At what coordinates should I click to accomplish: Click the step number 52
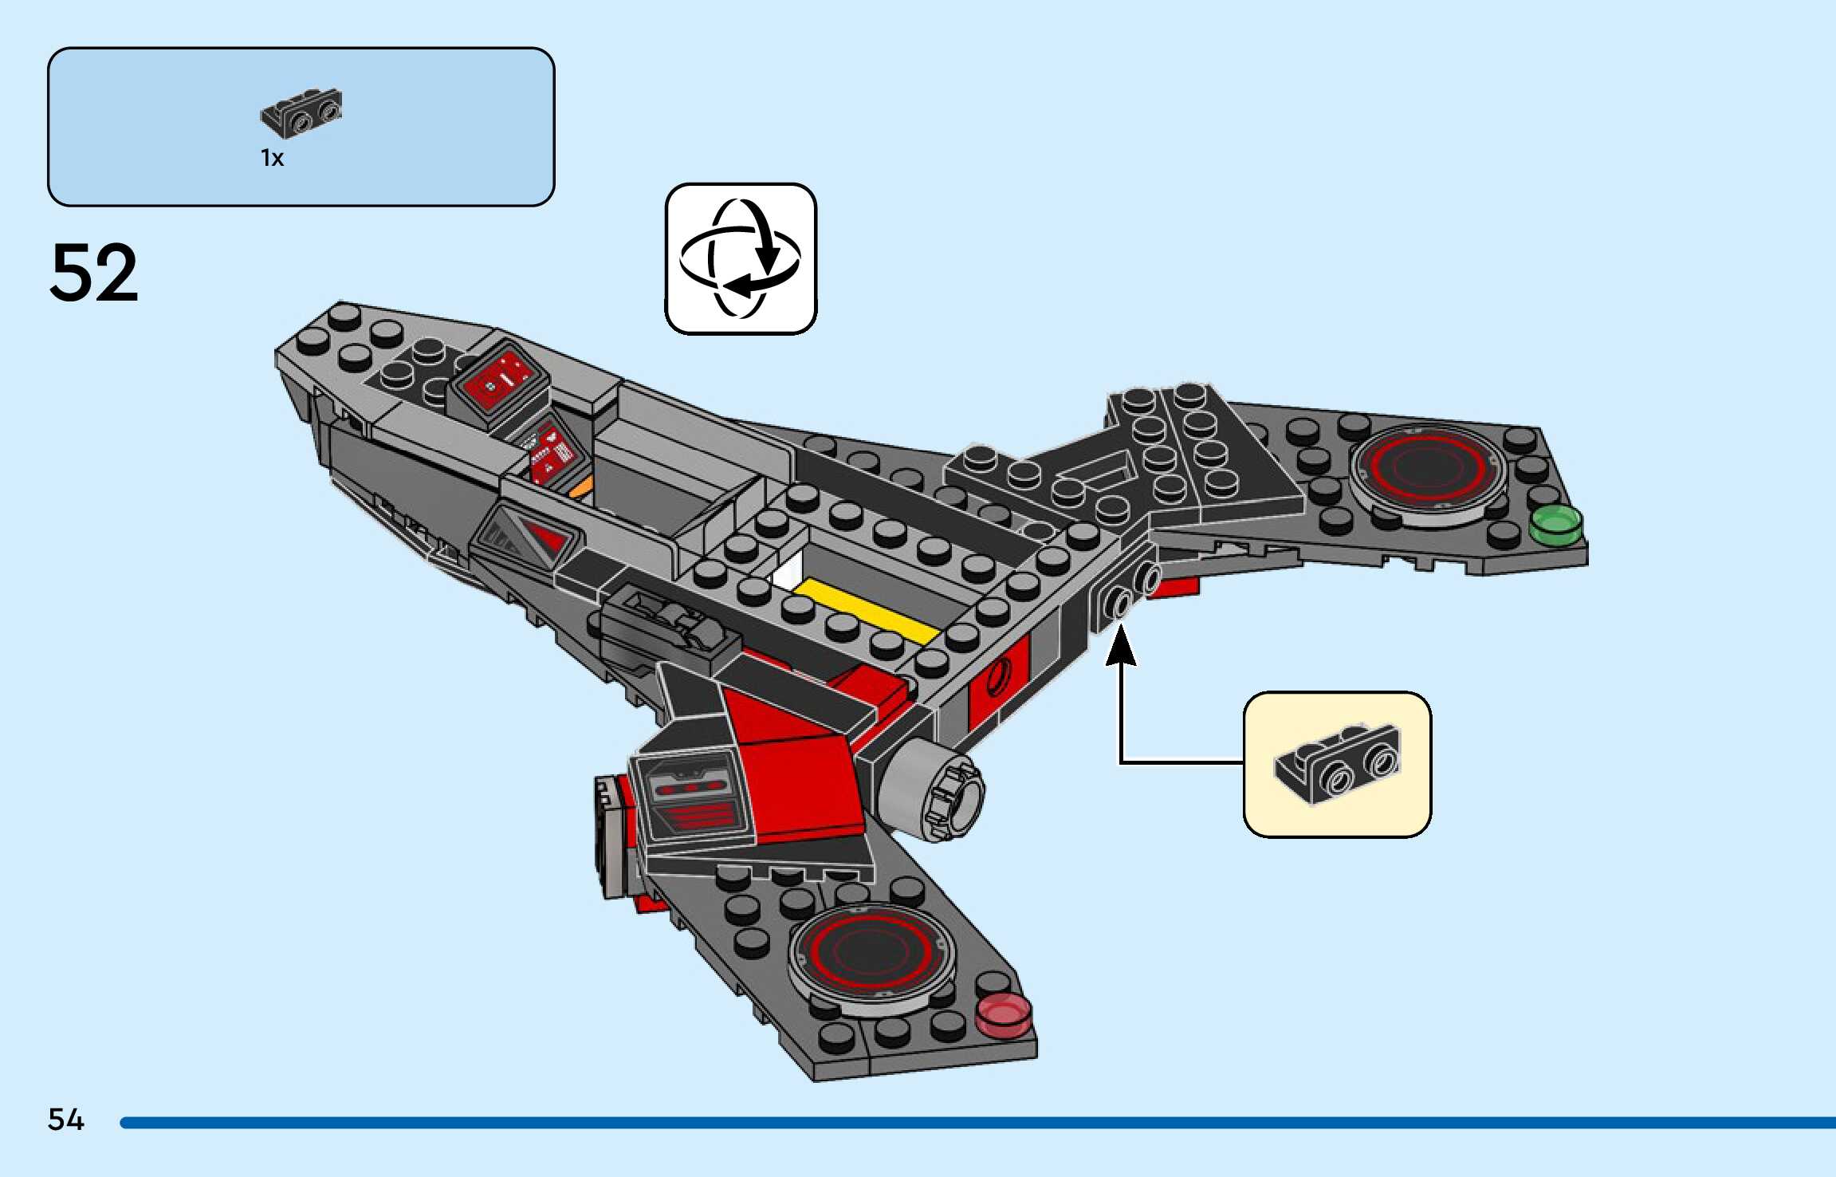pyautogui.click(x=94, y=273)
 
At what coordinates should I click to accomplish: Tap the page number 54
pyautogui.click(x=65, y=1120)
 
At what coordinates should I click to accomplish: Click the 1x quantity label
pyautogui.click(x=272, y=158)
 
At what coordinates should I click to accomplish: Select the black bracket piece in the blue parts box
pyautogui.click(x=301, y=112)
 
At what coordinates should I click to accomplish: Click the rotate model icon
pyautogui.click(x=741, y=258)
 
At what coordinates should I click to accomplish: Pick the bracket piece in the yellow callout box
pyautogui.click(x=1337, y=763)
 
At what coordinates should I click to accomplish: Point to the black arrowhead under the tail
pyautogui.click(x=1120, y=646)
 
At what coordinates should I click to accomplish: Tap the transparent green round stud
pyautogui.click(x=1555, y=525)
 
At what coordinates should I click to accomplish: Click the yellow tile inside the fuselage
pyautogui.click(x=866, y=612)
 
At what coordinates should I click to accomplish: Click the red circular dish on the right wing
pyautogui.click(x=1425, y=469)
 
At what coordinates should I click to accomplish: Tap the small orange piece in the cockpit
pyautogui.click(x=581, y=486)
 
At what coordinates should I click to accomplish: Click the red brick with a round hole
pyautogui.click(x=997, y=682)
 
